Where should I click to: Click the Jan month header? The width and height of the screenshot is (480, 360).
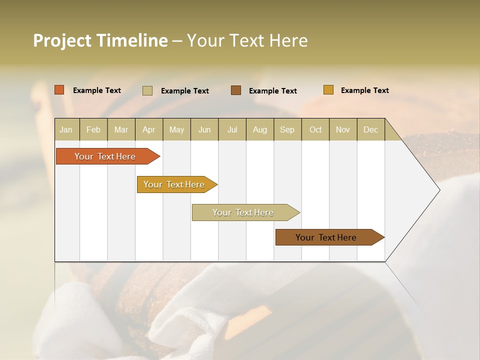(x=66, y=129)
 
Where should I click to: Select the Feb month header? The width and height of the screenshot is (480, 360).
(x=93, y=129)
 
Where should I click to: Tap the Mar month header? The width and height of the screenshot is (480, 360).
(x=121, y=129)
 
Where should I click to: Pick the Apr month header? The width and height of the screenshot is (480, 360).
(x=149, y=129)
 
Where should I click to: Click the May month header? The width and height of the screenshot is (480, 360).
(x=176, y=129)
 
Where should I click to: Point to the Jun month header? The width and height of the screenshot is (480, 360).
(x=204, y=129)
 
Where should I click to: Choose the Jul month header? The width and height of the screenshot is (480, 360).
(x=232, y=129)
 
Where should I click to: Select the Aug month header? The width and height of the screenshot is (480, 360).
(x=260, y=129)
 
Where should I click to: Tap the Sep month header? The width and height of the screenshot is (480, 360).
(x=287, y=129)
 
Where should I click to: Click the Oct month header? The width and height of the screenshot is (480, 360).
(x=315, y=129)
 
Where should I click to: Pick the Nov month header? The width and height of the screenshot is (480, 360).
(x=343, y=129)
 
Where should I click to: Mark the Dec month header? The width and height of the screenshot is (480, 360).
(x=371, y=129)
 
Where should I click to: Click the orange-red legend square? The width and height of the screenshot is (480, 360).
(x=59, y=90)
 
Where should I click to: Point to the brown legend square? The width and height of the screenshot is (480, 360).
(x=236, y=90)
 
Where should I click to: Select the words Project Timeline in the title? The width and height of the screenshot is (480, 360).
(x=100, y=40)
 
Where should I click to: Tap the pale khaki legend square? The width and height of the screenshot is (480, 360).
(x=147, y=90)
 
